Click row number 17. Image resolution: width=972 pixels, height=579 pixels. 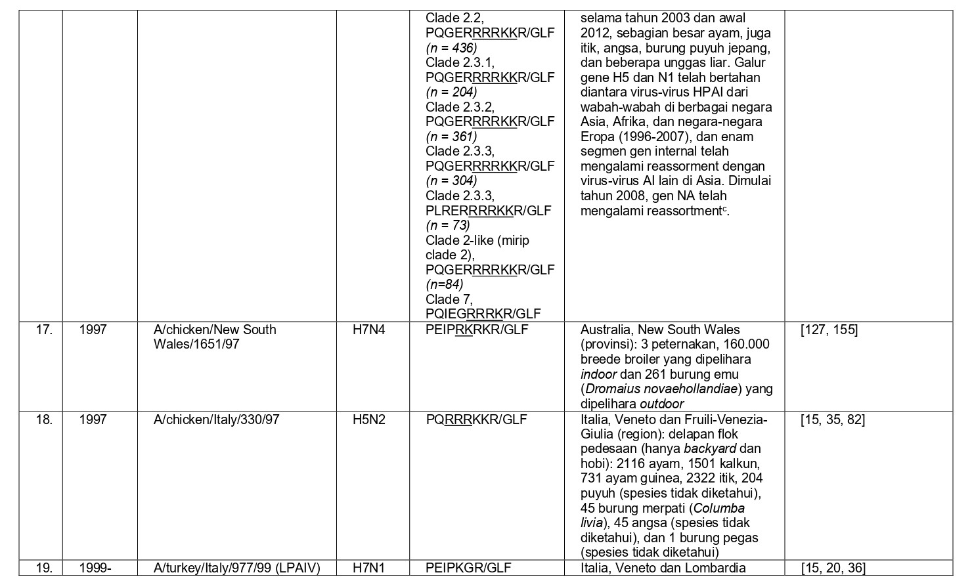coord(44,330)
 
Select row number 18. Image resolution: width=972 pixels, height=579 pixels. coord(44,419)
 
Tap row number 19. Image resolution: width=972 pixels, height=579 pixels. coord(44,568)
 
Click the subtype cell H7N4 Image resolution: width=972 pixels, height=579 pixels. coord(369,330)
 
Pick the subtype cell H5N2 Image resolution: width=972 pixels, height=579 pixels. coord(369,419)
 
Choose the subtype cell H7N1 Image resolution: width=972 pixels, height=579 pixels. coord(369,568)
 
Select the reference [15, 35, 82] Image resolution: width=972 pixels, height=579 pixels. coord(832,419)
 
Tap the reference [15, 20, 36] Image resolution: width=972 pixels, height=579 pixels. coord(832,568)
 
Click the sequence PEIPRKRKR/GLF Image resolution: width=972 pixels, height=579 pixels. coord(477,330)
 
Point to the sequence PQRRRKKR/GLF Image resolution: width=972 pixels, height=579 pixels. coord(476,419)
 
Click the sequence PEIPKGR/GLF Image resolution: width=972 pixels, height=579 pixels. coord(468,568)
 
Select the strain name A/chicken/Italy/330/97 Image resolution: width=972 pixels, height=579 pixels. coord(217,419)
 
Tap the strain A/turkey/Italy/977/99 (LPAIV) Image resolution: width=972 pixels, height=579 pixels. coord(236,568)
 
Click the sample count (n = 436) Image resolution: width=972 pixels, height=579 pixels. coord(451,48)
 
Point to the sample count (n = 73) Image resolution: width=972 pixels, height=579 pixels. coord(448,225)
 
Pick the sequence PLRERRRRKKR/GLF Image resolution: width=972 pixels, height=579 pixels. coord(488,211)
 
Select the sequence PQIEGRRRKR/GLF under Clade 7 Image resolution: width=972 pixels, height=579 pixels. coord(483,314)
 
